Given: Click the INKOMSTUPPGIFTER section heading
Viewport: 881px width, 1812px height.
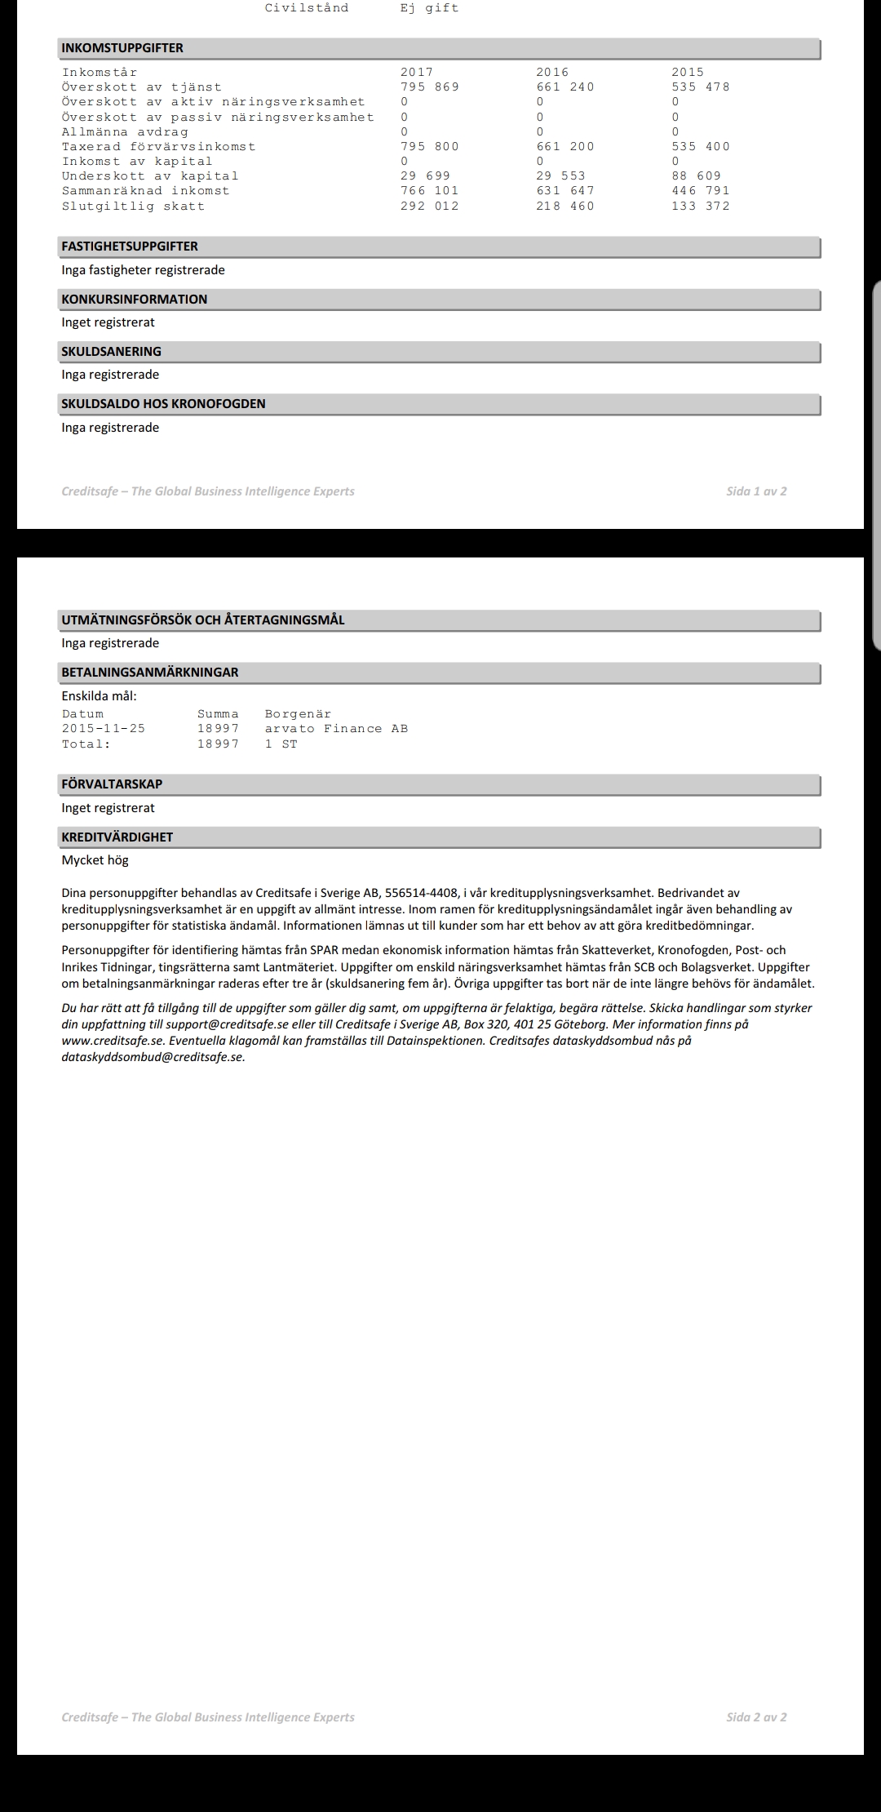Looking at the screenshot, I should coord(122,48).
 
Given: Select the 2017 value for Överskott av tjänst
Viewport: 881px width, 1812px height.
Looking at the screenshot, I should coord(429,87).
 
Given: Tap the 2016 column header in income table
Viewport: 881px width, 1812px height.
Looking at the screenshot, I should coord(552,73).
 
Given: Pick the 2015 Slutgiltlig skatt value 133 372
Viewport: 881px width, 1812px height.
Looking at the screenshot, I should coord(700,207).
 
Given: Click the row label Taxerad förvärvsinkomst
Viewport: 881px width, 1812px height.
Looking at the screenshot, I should coord(158,147).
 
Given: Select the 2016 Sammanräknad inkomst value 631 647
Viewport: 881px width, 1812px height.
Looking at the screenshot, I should coord(564,191).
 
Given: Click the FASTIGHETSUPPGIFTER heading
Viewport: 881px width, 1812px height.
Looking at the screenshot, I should coord(130,246).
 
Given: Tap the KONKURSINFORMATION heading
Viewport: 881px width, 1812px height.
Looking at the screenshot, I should coord(135,300).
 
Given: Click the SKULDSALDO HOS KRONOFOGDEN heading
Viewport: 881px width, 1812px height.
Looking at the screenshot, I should coord(163,404).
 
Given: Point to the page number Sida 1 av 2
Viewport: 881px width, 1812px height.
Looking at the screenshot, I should coord(756,491).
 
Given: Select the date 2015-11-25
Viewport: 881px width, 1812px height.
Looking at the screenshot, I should coord(104,729).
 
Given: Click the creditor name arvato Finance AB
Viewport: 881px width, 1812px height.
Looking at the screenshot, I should coord(336,729).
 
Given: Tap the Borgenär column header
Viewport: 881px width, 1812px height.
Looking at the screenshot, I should coord(298,714).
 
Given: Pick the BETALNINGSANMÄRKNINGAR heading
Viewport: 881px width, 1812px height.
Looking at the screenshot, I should coord(150,673).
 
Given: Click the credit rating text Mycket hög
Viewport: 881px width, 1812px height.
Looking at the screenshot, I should coord(95,860).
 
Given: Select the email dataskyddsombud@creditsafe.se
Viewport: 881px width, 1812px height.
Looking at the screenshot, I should coord(153,1057).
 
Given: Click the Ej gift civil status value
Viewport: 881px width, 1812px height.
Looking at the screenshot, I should coord(429,8).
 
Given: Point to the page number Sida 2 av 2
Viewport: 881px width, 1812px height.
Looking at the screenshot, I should coord(756,1717).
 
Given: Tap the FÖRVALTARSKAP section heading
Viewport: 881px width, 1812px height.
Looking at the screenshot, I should coord(112,784).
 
